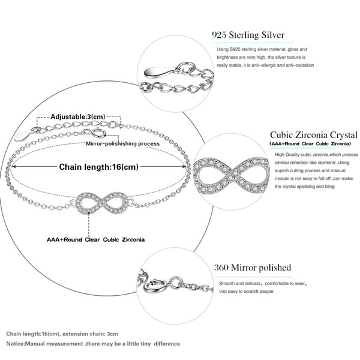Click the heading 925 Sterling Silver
pyautogui.click(x=248, y=35)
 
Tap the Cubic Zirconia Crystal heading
pyautogui.click(x=314, y=135)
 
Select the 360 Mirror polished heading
pyautogui.click(x=253, y=268)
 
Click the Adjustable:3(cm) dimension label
pyautogui.click(x=78, y=116)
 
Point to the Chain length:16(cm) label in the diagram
pyautogui.click(x=99, y=167)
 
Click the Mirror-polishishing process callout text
pyautogui.click(x=123, y=144)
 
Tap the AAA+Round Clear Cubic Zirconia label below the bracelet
pyautogui.click(x=96, y=239)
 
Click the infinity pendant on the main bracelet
pyautogui.click(x=102, y=203)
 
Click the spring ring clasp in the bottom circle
pyautogui.click(x=153, y=286)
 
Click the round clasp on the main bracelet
pyautogui.click(x=100, y=133)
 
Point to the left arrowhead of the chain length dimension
pyautogui.click(x=12, y=166)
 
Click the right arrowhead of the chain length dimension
pyautogui.click(x=185, y=166)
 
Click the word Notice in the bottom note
pyautogui.click(x=15, y=344)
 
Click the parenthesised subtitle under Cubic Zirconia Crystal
pyautogui.click(x=310, y=144)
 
